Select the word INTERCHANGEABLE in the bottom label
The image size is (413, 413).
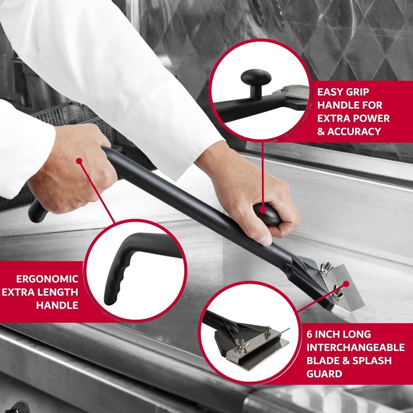point(355,347)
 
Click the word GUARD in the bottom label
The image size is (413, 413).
point(324,374)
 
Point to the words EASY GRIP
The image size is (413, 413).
point(343,92)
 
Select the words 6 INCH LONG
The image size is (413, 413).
point(338,334)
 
